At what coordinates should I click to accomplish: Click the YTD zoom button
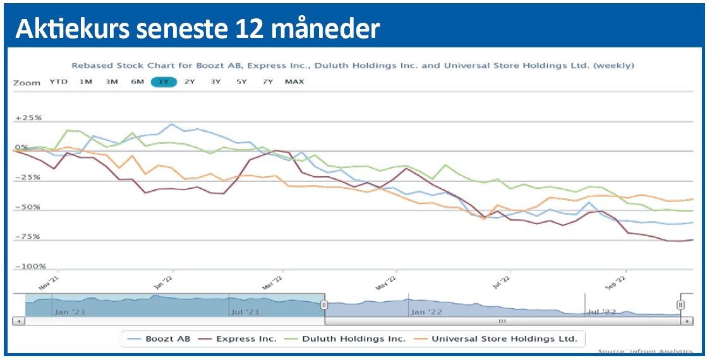[59, 81]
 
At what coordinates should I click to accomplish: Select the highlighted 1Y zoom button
[164, 81]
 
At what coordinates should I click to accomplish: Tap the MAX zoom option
[294, 81]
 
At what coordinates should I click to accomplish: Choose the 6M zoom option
[137, 81]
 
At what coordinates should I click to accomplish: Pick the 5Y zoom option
[241, 81]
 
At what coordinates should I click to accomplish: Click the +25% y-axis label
[28, 118]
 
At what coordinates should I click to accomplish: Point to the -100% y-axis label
[29, 267]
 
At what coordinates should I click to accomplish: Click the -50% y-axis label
[29, 207]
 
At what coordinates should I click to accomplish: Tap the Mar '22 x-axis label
[275, 282]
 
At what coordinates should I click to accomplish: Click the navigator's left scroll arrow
[18, 321]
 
